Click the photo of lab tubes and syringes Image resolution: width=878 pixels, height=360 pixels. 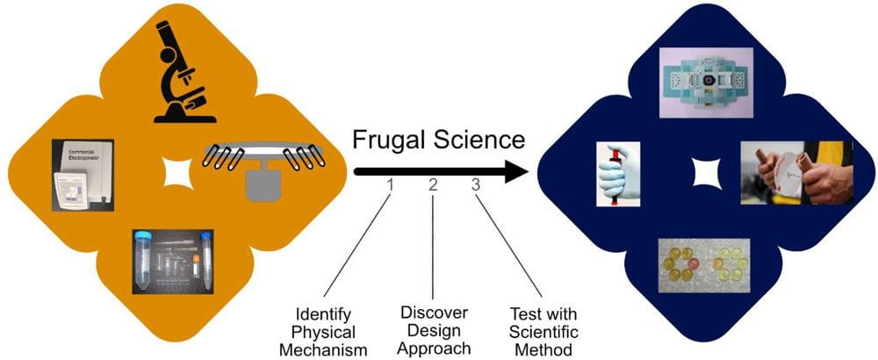[x=173, y=261]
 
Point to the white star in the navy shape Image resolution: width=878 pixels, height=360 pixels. [x=706, y=172]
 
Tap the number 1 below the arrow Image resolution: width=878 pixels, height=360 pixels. [x=389, y=185]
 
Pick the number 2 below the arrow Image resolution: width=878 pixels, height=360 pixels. [x=432, y=185]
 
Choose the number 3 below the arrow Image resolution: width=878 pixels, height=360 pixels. [x=475, y=185]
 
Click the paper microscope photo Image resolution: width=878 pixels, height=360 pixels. [x=708, y=82]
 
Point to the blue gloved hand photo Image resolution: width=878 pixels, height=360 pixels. [x=619, y=173]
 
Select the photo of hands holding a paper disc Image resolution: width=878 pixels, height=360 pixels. [x=795, y=173]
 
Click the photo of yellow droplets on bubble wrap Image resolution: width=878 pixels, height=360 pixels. [x=707, y=261]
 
